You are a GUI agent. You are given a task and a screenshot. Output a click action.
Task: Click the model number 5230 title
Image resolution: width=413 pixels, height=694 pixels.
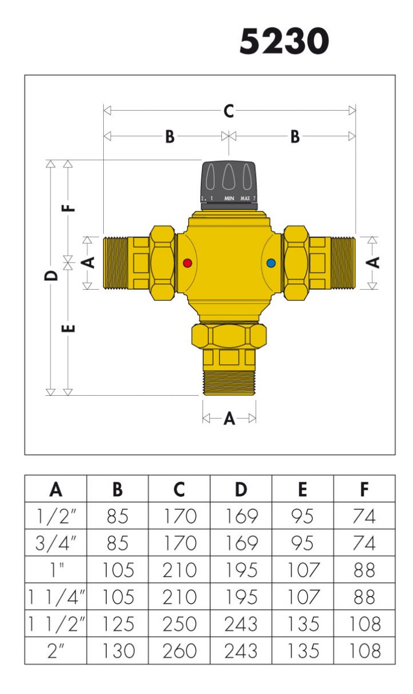pos(284,42)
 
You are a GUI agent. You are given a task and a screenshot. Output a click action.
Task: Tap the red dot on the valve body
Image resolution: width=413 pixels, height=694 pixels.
pos(187,264)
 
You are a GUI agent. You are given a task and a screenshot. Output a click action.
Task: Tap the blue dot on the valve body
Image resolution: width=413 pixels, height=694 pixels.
pos(271,264)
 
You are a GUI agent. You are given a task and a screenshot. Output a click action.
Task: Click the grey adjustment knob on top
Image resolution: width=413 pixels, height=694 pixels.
pos(229,183)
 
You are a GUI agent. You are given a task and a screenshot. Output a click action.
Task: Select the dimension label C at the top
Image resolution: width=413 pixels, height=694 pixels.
pos(229,111)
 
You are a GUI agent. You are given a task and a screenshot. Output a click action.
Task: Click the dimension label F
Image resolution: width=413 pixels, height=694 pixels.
pos(68,206)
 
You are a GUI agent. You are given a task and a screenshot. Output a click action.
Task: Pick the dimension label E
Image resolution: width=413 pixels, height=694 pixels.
pos(68,329)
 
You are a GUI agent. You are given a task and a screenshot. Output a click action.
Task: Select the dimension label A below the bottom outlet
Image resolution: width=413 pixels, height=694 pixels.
pos(229,419)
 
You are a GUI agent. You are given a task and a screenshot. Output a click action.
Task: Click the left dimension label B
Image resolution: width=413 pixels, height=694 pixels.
pos(170,137)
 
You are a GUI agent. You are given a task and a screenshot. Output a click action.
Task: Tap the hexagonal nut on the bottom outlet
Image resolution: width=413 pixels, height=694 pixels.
pos(229,337)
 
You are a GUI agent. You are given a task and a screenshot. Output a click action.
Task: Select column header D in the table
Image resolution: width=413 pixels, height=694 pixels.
pos(241,489)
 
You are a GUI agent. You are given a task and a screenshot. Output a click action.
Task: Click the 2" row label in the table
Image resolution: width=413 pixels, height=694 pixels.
pos(56,651)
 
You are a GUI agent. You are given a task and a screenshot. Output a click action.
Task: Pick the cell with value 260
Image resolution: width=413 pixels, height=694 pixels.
pos(179,651)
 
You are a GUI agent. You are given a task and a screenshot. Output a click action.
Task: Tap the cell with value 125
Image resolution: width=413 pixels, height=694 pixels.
pos(118,624)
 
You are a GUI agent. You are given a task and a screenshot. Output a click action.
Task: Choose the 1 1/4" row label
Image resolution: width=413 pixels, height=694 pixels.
pos(56,597)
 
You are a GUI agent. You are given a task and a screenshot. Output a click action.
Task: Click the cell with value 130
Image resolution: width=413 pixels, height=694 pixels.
pos(118,651)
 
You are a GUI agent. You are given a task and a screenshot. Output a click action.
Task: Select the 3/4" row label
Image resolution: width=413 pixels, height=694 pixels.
pos(56,543)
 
